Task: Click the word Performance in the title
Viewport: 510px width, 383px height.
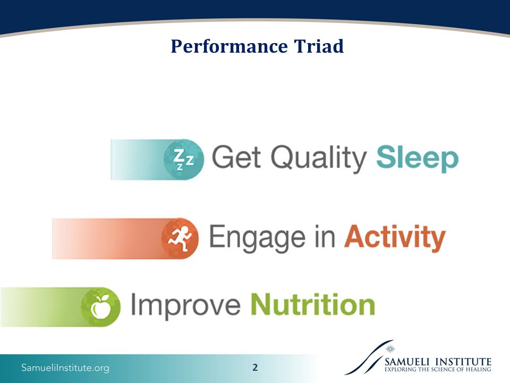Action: (x=229, y=47)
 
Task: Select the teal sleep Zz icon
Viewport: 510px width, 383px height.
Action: (x=183, y=160)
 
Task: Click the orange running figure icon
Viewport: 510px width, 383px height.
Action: (x=180, y=238)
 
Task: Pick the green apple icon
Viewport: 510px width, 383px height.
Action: (x=100, y=307)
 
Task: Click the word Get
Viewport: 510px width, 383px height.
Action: (x=236, y=157)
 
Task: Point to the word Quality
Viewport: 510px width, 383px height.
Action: (x=319, y=159)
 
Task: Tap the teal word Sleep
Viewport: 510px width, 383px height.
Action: (x=418, y=159)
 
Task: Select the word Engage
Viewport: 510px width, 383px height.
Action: (x=257, y=238)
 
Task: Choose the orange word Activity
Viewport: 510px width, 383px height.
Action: (x=395, y=238)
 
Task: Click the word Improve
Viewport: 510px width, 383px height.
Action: (x=186, y=306)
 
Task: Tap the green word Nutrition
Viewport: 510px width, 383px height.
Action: (x=313, y=304)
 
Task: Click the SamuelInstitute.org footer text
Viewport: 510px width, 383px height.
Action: (x=65, y=368)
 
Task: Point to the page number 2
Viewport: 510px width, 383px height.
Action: (x=255, y=368)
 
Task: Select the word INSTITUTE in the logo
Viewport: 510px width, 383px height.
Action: (x=463, y=362)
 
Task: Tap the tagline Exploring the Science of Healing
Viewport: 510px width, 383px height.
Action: (x=438, y=369)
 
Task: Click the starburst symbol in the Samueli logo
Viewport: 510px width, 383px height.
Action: (x=390, y=349)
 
